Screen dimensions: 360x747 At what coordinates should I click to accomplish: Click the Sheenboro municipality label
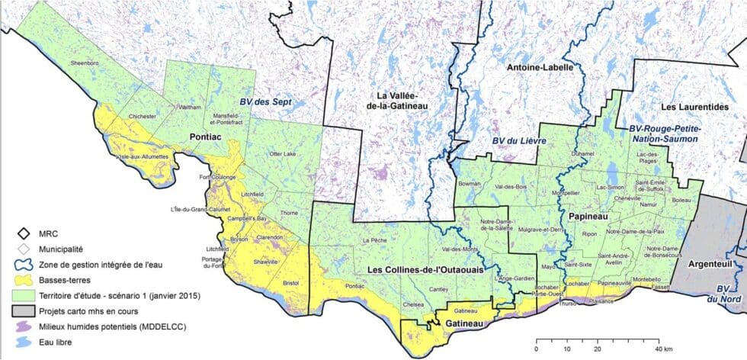point(85,63)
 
